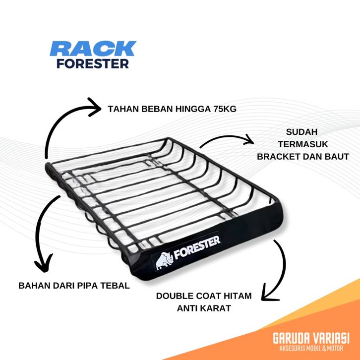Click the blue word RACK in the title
tap(93, 49)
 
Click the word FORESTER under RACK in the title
tap(93, 63)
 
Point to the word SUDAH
tap(302, 132)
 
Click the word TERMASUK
tap(302, 144)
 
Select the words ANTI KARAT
tap(204, 308)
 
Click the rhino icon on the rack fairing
tap(165, 258)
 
